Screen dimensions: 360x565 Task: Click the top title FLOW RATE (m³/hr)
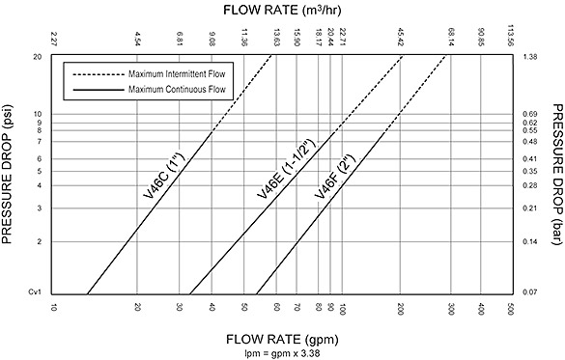tap(282, 12)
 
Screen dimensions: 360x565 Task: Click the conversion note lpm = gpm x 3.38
tap(281, 352)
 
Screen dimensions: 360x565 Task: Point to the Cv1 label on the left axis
tap(37, 292)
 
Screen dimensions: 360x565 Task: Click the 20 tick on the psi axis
tap(38, 57)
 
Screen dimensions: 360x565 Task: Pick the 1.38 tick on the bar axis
tap(528, 57)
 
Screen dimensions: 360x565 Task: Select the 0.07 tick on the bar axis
tap(528, 292)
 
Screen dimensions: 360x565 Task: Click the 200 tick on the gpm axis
tap(400, 308)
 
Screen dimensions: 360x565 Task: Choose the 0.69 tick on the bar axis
tap(528, 114)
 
